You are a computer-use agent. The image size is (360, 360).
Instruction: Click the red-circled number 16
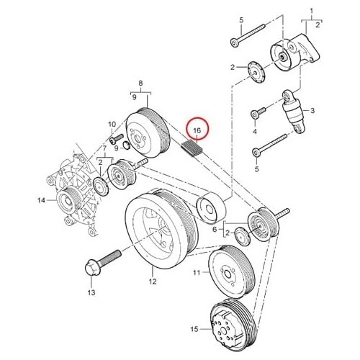[x=197, y=130]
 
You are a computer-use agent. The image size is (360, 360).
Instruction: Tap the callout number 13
[x=91, y=292]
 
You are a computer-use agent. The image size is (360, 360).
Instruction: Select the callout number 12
[x=153, y=282]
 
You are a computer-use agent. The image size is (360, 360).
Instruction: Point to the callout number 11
[x=197, y=273]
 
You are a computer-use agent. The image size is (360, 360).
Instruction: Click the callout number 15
[x=194, y=329]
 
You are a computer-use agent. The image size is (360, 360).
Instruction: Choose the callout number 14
[x=41, y=199]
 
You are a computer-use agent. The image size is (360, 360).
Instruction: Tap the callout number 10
[x=112, y=125]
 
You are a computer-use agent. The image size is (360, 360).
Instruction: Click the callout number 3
[x=312, y=111]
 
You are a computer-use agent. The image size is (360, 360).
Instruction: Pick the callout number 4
[x=255, y=132]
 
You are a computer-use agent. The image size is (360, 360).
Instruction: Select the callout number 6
[x=215, y=230]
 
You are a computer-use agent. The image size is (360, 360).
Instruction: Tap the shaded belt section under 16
[x=192, y=148]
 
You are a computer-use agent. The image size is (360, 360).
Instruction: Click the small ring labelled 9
[x=127, y=145]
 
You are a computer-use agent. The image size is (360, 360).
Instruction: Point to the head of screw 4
[x=255, y=114]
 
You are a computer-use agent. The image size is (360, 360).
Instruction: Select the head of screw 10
[x=113, y=140]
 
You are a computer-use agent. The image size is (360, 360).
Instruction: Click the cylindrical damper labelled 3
[x=294, y=111]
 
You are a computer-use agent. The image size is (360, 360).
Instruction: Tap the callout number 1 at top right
[x=312, y=11]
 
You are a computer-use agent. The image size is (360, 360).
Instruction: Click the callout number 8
[x=140, y=83]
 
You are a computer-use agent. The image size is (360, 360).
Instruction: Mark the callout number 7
[x=104, y=148]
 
